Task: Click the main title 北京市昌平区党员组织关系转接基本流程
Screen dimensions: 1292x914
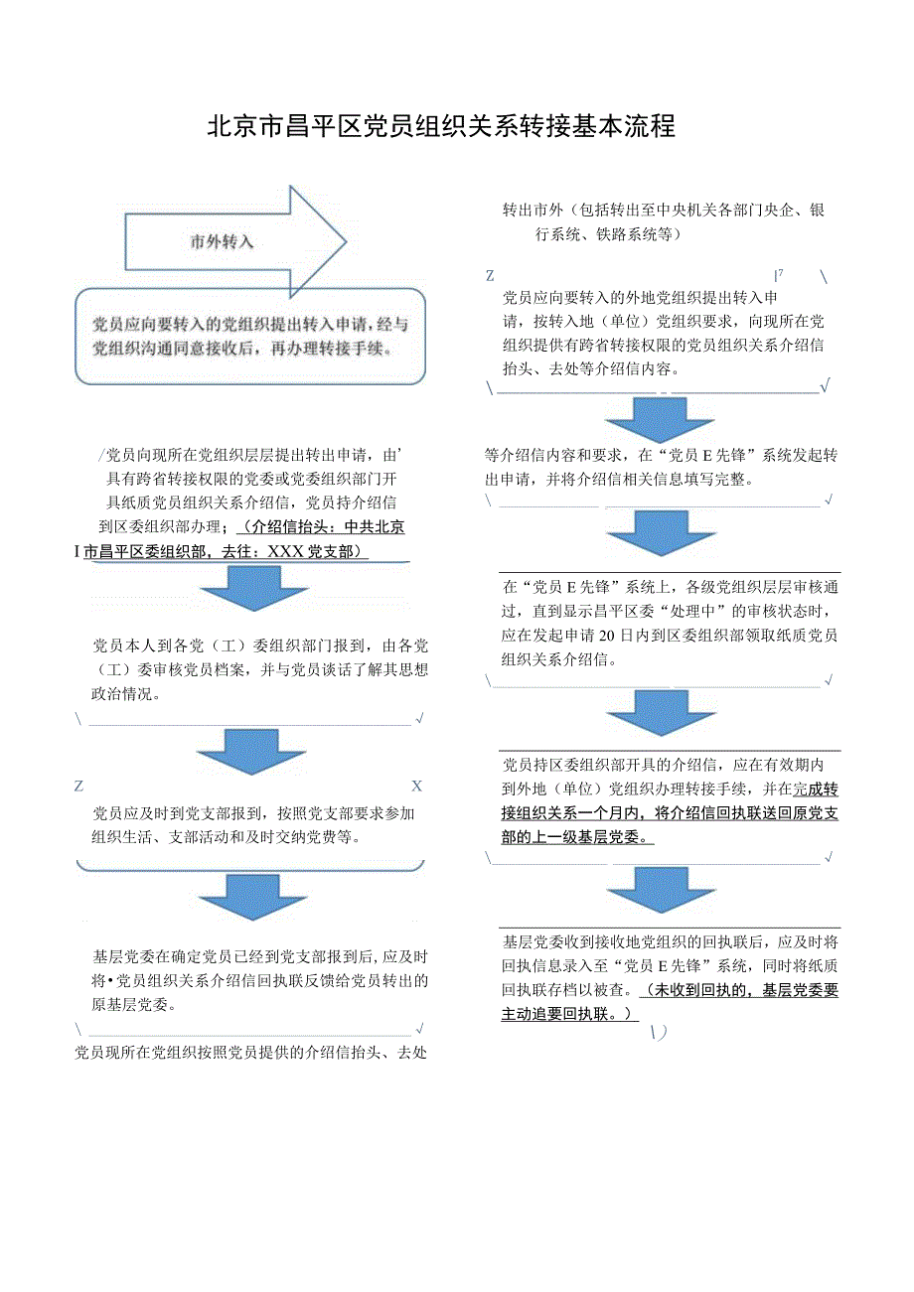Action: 441,127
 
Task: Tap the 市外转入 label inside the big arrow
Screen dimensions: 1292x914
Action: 223,241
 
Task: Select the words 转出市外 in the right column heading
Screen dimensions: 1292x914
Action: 533,211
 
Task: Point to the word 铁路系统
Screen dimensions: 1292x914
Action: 627,235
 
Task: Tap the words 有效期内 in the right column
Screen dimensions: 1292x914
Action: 792,766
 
